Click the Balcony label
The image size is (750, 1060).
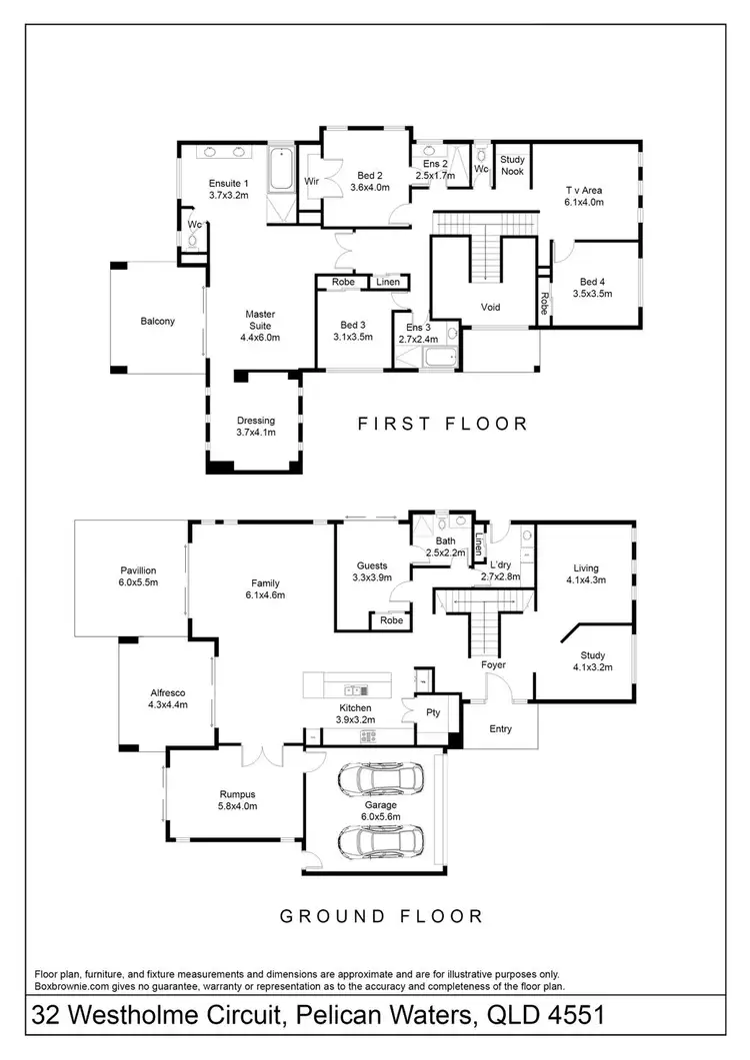tap(158, 321)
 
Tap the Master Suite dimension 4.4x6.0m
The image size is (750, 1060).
tap(260, 338)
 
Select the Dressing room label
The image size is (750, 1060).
tap(255, 421)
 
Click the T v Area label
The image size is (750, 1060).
tap(583, 190)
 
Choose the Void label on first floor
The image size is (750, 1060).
tap(490, 307)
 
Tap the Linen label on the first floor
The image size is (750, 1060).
tap(388, 283)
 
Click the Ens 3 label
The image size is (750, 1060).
tap(419, 327)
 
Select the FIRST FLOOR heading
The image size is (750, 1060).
tap(443, 424)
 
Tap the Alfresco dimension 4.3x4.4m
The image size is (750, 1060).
tap(168, 704)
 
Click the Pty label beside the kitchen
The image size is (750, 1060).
tap(434, 713)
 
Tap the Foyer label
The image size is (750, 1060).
tap(492, 664)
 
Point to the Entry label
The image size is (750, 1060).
tap(500, 728)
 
